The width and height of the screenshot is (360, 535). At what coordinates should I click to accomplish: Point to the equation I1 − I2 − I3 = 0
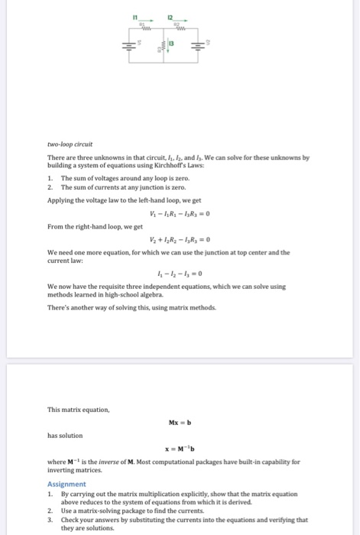coord(181,274)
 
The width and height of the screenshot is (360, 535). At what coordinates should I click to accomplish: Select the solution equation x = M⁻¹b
coord(180,449)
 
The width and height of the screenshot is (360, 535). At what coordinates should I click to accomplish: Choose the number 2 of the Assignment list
coord(50,509)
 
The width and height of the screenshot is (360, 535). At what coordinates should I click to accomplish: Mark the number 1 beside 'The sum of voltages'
coord(50,178)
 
